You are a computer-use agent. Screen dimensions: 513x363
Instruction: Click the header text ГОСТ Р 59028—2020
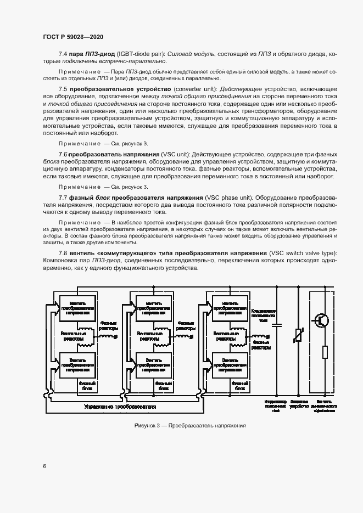click(73, 37)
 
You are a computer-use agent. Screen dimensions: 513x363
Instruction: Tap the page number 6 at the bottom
click(43, 466)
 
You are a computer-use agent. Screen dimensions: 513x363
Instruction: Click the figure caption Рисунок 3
click(189, 426)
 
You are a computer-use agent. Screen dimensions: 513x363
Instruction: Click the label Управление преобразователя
click(120, 407)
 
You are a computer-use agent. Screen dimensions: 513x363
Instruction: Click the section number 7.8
click(63, 253)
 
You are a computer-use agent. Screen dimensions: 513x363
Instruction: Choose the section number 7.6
click(63, 155)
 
